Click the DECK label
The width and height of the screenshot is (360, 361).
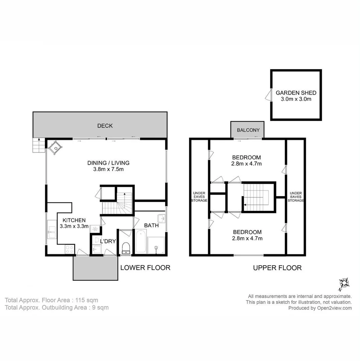click(x=105, y=126)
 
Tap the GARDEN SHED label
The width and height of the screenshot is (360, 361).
click(x=296, y=93)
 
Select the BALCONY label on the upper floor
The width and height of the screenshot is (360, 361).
click(x=248, y=130)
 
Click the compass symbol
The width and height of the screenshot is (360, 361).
click(x=344, y=283)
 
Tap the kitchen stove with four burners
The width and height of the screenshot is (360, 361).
click(x=69, y=249)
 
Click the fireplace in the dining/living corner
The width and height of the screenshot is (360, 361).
click(x=55, y=147)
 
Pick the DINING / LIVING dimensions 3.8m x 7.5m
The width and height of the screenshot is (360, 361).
click(x=108, y=169)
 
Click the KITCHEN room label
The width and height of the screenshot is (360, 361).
click(x=74, y=220)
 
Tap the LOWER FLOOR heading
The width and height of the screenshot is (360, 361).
click(x=145, y=268)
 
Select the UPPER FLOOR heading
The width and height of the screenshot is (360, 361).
click(x=277, y=268)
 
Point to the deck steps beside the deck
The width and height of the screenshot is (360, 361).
click(x=38, y=145)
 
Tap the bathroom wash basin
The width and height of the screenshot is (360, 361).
click(x=161, y=218)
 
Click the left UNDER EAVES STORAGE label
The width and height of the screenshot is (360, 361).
click(x=199, y=197)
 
